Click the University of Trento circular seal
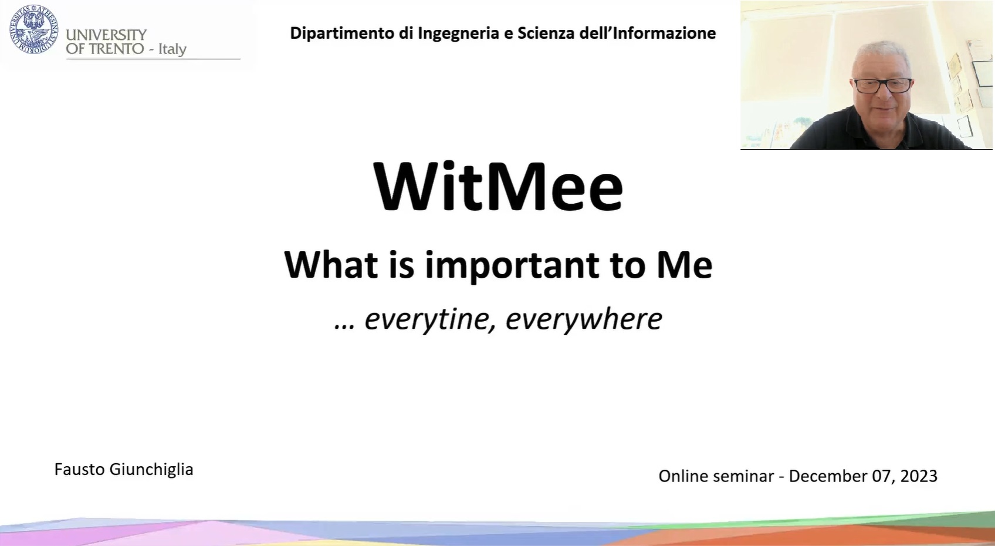34,29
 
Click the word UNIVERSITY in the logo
106,35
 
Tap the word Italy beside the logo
172,49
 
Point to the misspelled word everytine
427,320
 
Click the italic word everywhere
584,320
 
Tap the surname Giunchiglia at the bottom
151,470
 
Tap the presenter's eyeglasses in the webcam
882,86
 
